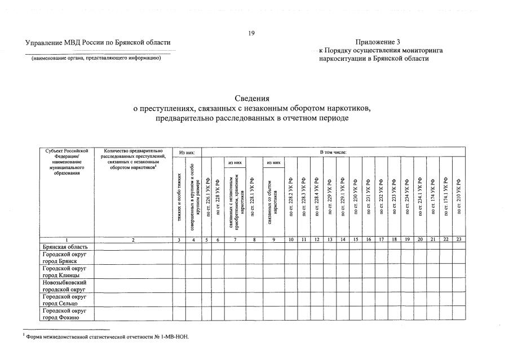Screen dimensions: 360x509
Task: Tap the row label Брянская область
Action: [x=64, y=247]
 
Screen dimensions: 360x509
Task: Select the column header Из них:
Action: [x=187, y=152]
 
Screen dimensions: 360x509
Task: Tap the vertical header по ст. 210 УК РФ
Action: [x=459, y=198]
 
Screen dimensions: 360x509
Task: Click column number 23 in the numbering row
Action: [x=459, y=240]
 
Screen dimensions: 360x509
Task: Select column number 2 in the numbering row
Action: [x=133, y=240]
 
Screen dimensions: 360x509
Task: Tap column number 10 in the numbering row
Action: [x=291, y=240]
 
